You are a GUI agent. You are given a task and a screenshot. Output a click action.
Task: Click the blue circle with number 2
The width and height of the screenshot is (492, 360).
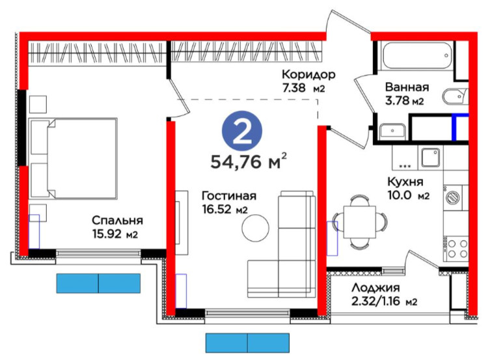(242, 132)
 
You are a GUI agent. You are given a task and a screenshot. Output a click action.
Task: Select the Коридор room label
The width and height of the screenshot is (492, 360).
(308, 74)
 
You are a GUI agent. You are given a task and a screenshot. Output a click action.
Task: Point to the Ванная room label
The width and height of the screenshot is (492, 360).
(407, 87)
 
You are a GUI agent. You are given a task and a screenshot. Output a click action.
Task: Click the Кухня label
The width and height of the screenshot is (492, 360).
(405, 182)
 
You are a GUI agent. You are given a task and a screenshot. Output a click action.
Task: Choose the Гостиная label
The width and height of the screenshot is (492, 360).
(229, 196)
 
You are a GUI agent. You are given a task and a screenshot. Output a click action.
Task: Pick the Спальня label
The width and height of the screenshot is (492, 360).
(117, 221)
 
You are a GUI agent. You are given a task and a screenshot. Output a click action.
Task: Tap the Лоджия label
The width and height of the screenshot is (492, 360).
(376, 288)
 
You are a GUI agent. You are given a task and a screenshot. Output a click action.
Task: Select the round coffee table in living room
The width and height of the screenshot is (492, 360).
(255, 228)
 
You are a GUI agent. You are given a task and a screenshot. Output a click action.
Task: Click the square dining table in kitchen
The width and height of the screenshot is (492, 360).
(360, 222)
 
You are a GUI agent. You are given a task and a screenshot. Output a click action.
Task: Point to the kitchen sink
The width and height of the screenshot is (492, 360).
(430, 158)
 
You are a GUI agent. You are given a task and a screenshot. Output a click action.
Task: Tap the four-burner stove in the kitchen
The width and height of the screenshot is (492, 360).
(456, 249)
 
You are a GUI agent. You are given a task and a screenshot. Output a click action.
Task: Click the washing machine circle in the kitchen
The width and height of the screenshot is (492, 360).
(453, 197)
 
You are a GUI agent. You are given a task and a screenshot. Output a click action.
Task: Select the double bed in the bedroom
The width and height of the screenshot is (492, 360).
(73, 158)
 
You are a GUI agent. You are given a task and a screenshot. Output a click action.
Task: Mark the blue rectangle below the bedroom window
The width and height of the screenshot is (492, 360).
(98, 283)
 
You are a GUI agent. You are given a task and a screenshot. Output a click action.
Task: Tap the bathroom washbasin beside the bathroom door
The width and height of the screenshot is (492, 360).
(392, 132)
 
